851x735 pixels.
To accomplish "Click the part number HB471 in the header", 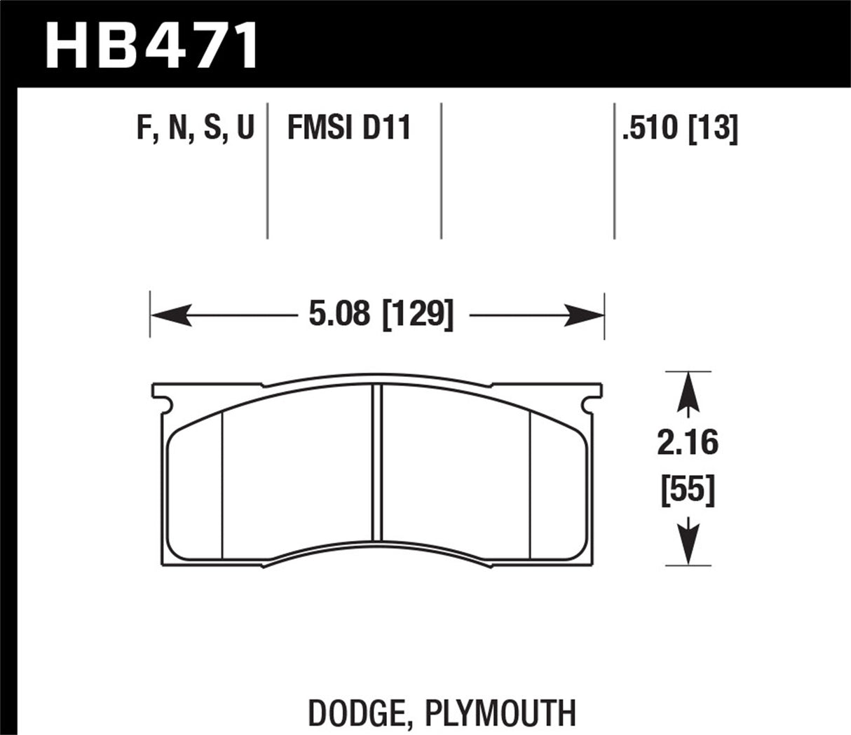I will [x=151, y=43].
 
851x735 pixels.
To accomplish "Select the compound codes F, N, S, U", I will [x=196, y=130].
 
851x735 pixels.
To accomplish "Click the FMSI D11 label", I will [x=348, y=130].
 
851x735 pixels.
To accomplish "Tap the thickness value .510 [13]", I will [x=680, y=130].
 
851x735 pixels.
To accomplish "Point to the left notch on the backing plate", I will [x=165, y=402].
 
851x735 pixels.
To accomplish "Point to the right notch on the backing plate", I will [x=590, y=403].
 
